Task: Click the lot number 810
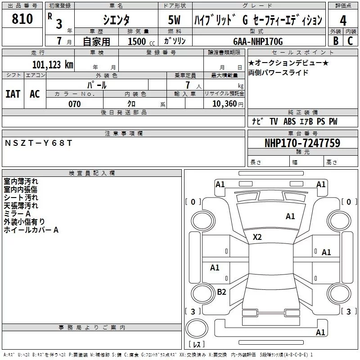point(22,19)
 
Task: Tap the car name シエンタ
point(116,20)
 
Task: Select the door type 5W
point(174,20)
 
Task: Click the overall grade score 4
point(343,21)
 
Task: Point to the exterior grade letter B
point(336,41)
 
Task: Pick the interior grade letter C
point(350,41)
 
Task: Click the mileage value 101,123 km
point(53,65)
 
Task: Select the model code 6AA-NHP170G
point(258,41)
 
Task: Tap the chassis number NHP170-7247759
point(302,143)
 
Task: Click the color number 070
point(75,104)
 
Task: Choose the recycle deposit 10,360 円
point(228,104)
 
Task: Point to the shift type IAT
point(13,94)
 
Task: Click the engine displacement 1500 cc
point(141,41)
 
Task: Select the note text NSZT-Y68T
point(38,143)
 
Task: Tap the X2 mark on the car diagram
point(257,237)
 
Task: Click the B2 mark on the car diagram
point(221,292)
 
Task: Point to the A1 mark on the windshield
point(290,216)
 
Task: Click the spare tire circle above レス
point(197,328)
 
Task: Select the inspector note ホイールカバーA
point(31,230)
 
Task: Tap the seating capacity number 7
point(188,85)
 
